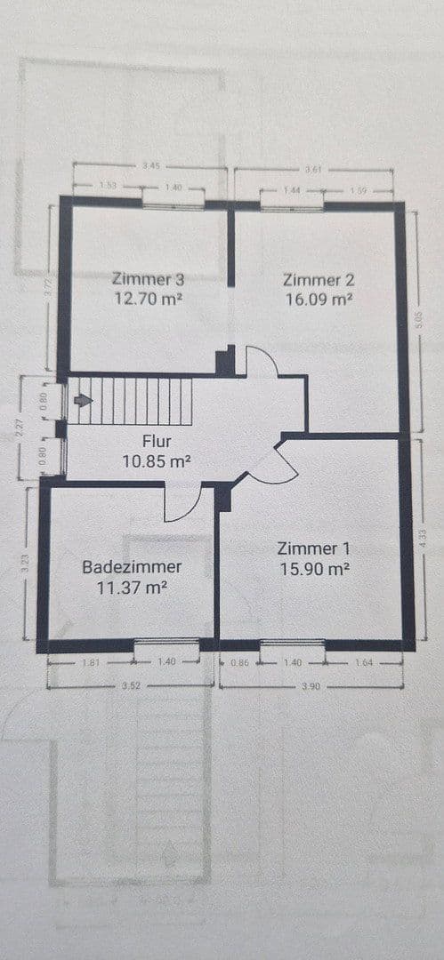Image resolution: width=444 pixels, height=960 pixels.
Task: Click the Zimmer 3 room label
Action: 149,278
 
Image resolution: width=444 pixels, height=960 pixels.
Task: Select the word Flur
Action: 156,441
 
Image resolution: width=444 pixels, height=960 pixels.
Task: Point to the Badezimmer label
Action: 132,566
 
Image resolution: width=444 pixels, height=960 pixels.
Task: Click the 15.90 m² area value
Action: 313,570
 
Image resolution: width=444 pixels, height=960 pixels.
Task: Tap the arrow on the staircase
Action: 83,401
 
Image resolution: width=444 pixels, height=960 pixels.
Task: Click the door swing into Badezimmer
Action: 183,506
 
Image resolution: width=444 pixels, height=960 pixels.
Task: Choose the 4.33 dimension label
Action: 423,539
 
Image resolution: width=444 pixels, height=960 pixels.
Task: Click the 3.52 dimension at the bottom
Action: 129,686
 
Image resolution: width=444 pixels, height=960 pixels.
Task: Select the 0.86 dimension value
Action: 238,662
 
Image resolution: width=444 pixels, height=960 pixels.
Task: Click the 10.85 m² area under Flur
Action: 156,461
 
